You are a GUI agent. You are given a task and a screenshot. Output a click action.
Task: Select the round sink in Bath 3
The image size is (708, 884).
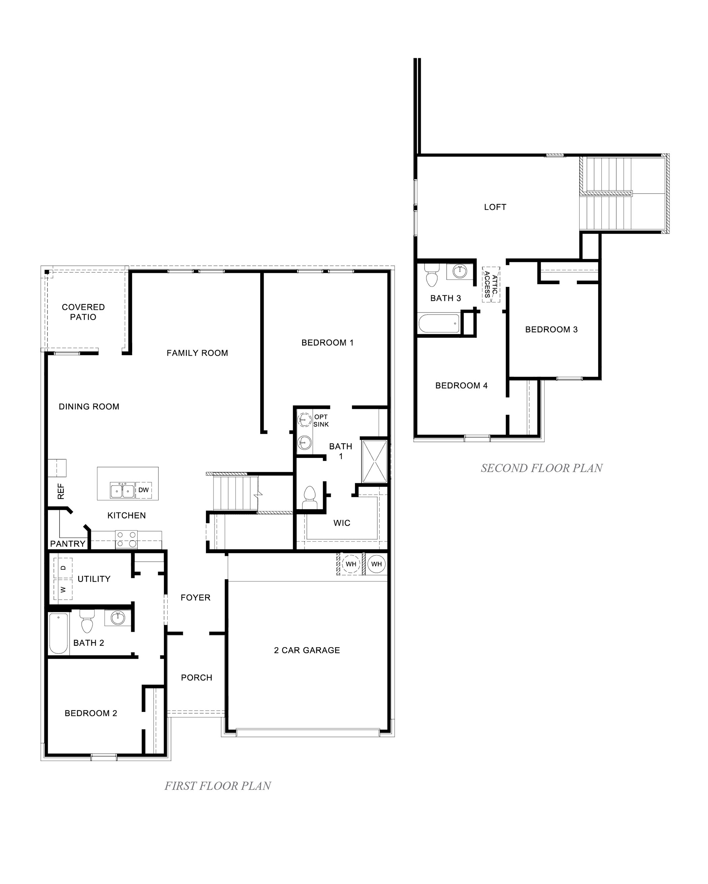click(460, 271)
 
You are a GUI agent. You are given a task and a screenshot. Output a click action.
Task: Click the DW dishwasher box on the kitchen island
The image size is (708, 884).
click(143, 490)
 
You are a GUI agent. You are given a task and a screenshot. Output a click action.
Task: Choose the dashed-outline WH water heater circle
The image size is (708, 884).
click(351, 564)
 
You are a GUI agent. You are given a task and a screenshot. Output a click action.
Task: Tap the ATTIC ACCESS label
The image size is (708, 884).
click(491, 284)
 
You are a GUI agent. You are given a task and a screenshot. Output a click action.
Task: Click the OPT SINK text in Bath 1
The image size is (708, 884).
click(321, 421)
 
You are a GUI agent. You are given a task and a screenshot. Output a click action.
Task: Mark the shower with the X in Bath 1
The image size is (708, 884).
click(374, 461)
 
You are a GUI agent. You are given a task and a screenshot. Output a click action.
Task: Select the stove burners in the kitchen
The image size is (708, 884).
click(126, 539)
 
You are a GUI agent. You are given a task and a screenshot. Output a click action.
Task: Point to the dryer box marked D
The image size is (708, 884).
click(63, 568)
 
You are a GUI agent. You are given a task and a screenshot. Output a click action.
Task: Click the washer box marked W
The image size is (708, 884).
click(63, 590)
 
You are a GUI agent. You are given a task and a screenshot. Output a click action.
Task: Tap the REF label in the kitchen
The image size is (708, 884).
click(61, 491)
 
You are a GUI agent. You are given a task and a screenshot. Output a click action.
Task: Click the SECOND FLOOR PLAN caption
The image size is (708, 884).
click(541, 468)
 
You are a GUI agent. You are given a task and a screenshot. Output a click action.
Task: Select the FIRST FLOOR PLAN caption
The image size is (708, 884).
click(217, 786)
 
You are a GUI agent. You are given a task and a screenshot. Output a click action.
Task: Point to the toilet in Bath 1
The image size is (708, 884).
click(309, 496)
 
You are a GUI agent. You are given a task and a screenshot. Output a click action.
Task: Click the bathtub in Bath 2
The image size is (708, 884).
click(59, 633)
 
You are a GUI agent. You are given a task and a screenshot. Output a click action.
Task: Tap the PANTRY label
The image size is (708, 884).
click(68, 544)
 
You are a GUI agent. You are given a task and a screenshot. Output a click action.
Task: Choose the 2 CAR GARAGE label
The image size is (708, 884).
click(307, 650)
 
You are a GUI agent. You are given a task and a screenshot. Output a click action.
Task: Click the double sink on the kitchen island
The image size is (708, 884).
click(122, 490)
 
